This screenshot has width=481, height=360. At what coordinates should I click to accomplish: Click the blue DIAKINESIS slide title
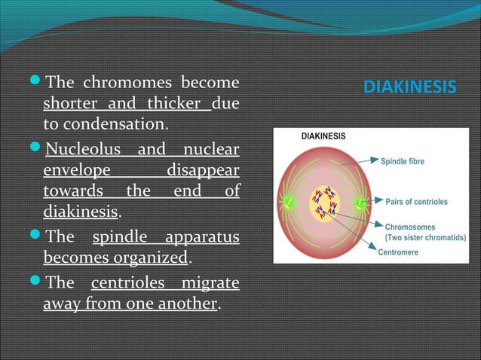[x=409, y=88]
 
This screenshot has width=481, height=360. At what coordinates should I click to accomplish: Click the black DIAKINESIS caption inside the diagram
[x=323, y=137]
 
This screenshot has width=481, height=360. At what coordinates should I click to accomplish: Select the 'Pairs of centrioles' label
[x=416, y=202]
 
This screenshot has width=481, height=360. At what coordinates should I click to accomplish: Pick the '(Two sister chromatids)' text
[x=424, y=236]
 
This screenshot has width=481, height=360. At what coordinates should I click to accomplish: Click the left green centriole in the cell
[x=287, y=201]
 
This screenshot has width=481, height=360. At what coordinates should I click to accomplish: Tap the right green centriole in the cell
[x=360, y=203]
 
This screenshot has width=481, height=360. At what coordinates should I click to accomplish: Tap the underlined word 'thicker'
[x=175, y=102]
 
